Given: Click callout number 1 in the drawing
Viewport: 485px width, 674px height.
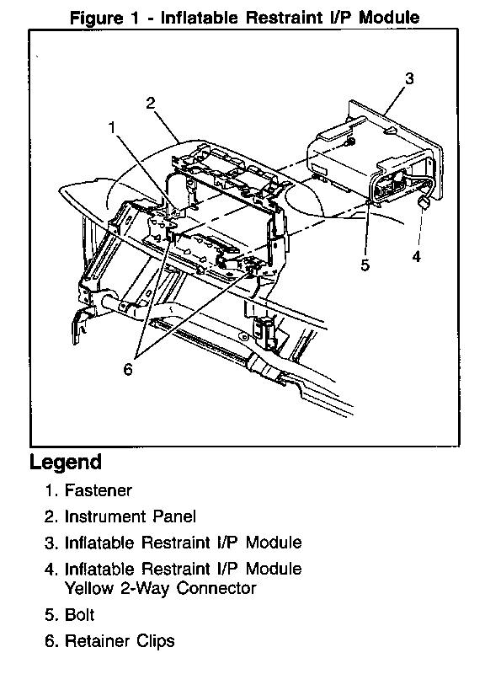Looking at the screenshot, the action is (x=112, y=128).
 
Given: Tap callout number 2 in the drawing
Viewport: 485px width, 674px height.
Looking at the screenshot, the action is (x=151, y=103).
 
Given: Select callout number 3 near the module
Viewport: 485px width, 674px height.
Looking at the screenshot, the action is (x=409, y=78).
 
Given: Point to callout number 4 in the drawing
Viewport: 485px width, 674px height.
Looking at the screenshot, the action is (x=416, y=257).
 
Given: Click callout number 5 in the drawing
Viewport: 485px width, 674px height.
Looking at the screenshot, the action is (x=365, y=265).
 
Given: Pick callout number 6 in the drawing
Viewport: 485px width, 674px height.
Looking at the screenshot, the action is (x=128, y=369).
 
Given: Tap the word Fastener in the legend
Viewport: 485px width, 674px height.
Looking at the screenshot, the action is (x=99, y=490).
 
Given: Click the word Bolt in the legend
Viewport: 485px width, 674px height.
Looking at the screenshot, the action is (x=79, y=615).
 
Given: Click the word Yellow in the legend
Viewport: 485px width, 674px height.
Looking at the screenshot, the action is (x=89, y=588).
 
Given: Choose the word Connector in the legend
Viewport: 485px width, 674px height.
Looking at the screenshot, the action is (x=216, y=588).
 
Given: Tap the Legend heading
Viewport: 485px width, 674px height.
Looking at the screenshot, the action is (x=66, y=462).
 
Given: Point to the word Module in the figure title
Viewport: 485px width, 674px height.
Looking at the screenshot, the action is (x=389, y=18).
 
